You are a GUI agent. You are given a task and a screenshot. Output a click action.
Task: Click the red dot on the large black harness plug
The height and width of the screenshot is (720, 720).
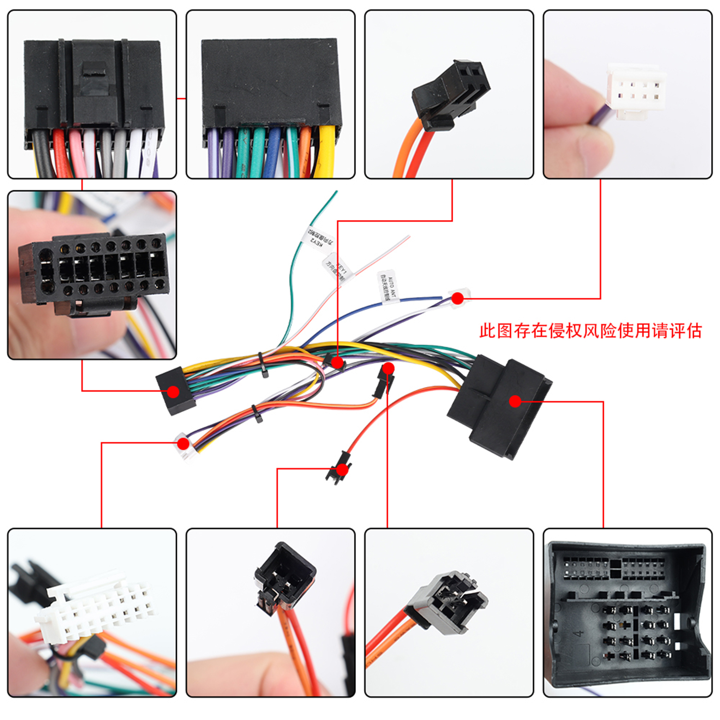point(516,401)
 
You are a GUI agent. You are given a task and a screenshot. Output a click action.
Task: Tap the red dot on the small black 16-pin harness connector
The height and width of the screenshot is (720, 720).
point(173,391)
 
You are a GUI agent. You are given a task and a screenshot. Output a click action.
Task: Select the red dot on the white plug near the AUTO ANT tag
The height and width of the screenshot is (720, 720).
point(458,298)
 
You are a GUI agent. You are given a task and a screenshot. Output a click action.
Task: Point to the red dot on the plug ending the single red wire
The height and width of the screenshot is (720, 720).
point(342,470)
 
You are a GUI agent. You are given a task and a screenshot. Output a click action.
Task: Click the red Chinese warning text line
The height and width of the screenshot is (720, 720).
point(590,331)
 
